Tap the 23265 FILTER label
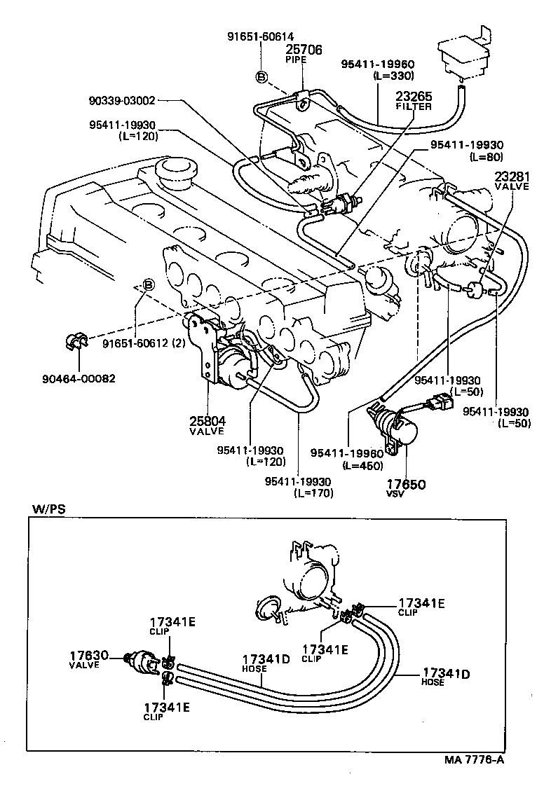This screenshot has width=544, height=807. pyautogui.click(x=414, y=101)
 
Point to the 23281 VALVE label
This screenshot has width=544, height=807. pyautogui.click(x=513, y=181)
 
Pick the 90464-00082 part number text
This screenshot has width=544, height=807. pyautogui.click(x=79, y=379)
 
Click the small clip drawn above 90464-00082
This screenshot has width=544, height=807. pyautogui.click(x=72, y=342)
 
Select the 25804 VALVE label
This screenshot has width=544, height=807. pyautogui.click(x=207, y=425)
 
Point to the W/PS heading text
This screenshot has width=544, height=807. pyautogui.click(x=48, y=509)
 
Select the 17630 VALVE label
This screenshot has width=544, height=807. pyautogui.click(x=88, y=659)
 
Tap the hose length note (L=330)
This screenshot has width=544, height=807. pyautogui.click(x=395, y=76)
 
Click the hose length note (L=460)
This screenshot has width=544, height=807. pyautogui.click(x=362, y=466)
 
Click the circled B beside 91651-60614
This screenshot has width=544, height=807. pyautogui.click(x=261, y=77)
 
